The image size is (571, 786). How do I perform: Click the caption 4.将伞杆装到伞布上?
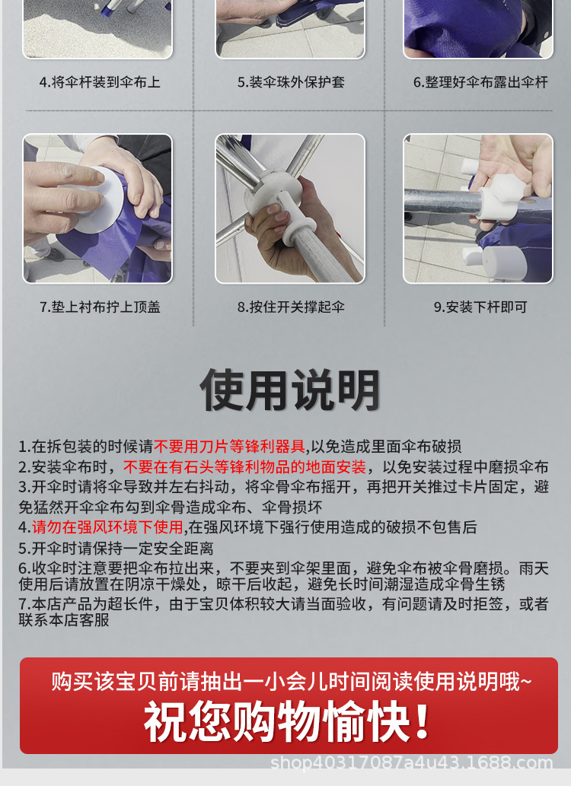pos(99,82)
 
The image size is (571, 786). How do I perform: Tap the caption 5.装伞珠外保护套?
pos(291,82)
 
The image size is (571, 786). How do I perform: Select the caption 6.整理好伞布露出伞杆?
pos(480,82)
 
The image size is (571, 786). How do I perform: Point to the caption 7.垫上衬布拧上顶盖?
pos(100,307)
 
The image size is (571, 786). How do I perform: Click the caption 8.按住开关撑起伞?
pos(291,307)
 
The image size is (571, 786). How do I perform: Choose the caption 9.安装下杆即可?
pos(480,307)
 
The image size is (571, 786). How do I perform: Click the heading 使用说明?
pos(289,390)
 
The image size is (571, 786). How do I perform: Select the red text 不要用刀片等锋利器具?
pos(229,446)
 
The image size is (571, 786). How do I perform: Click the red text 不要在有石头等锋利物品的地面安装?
pos(244,467)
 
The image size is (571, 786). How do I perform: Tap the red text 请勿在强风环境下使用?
pos(107,527)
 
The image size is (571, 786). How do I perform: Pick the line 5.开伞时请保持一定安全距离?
pos(116,548)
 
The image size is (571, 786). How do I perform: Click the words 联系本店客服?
pos(64,620)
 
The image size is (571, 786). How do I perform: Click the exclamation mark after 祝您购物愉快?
pos(423,721)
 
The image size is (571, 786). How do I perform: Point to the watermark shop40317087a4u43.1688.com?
pos(411,763)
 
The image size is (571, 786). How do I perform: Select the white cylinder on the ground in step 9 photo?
pos(502,263)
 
